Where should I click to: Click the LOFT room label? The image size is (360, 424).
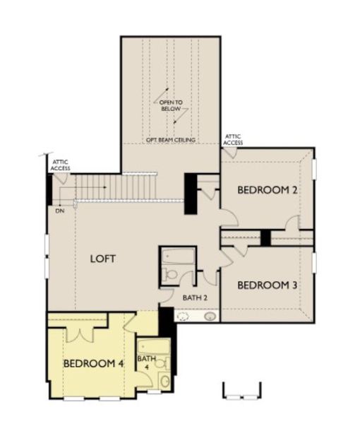103,259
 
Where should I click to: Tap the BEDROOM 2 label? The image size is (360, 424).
265,190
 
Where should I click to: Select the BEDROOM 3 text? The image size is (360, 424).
265,285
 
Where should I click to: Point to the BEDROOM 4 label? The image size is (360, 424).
93,363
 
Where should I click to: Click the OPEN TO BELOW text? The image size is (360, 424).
172,105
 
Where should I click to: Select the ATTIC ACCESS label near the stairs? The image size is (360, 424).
60,166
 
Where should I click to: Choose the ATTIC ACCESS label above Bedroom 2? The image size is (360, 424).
233,139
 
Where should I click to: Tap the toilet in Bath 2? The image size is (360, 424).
169,275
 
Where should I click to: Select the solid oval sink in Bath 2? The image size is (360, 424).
210,317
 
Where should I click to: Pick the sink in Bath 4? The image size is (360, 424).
164,382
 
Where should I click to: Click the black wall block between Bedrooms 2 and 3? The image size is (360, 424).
265,238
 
